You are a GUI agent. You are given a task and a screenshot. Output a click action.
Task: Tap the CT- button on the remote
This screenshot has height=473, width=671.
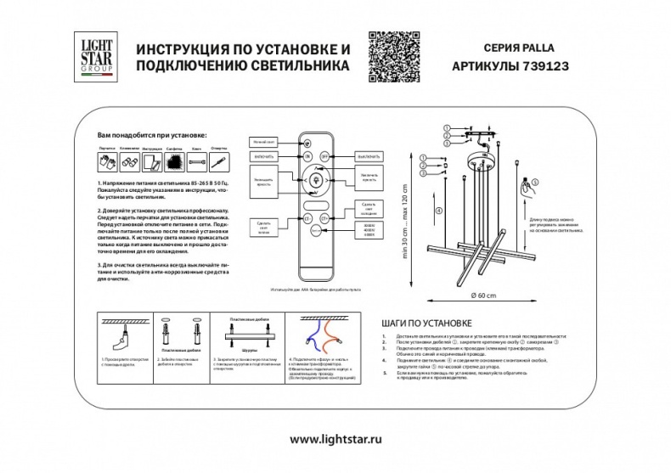tap(307, 218)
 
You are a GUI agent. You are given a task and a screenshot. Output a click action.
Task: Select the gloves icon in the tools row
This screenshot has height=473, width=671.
tap(104, 161)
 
